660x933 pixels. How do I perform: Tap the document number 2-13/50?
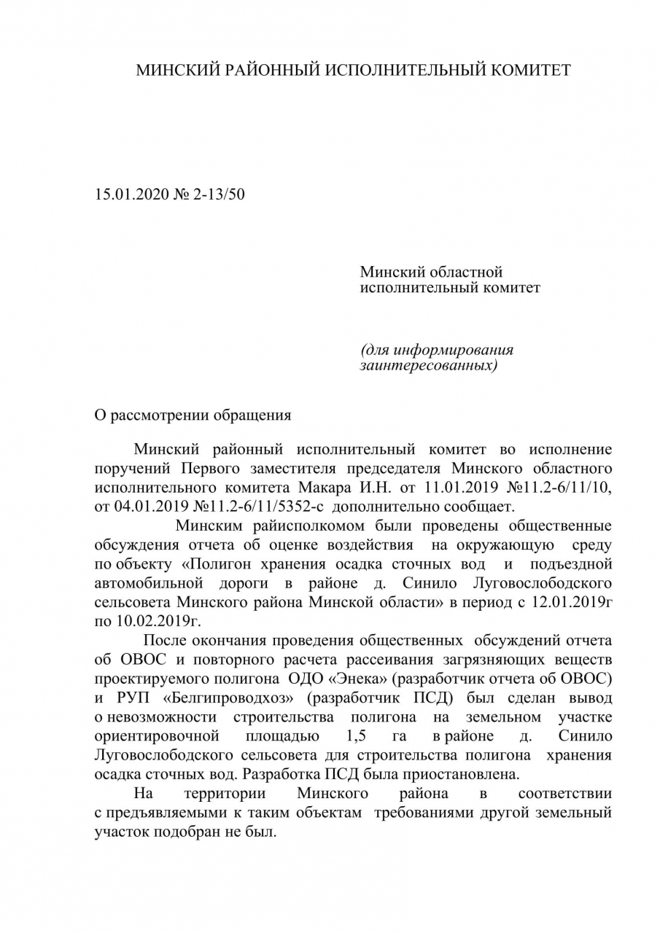[x=218, y=195]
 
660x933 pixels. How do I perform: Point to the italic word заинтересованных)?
[x=429, y=364]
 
